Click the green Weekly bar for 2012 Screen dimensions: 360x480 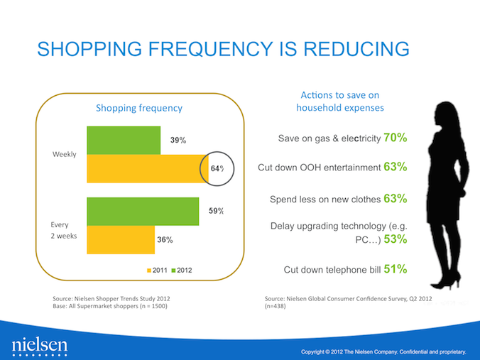click(x=123, y=141)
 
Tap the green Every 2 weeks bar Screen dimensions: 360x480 click(x=142, y=211)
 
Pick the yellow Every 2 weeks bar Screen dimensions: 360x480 click(x=120, y=239)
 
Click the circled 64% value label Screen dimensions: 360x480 click(x=217, y=168)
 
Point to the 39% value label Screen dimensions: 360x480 click(x=178, y=141)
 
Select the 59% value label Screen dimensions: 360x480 click(x=217, y=211)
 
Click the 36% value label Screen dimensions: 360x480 click(x=165, y=240)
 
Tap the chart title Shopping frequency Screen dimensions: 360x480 click(x=139, y=108)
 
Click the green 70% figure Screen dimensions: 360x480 click(x=395, y=137)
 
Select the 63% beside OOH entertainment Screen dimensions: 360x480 click(x=395, y=168)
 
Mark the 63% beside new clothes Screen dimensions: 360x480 click(x=395, y=198)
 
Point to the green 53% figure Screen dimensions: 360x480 click(x=395, y=239)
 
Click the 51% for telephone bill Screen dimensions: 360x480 click(x=395, y=269)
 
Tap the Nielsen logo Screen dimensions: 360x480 click(x=40, y=346)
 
